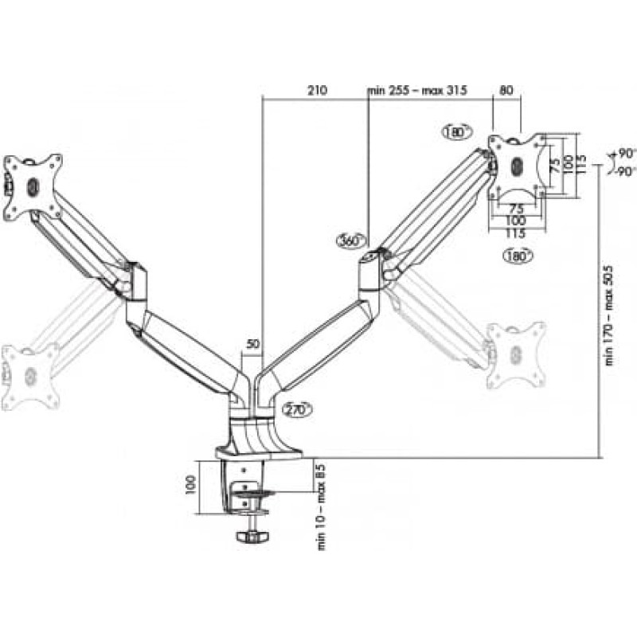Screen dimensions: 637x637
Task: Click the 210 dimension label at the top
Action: pyautogui.click(x=317, y=90)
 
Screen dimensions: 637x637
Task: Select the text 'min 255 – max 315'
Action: pyautogui.click(x=417, y=90)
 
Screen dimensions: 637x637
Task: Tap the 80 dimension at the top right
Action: pyautogui.click(x=506, y=90)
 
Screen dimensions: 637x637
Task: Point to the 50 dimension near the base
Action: pyautogui.click(x=252, y=344)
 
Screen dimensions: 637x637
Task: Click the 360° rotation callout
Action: pyautogui.click(x=351, y=241)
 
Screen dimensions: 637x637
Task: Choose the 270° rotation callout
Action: pyautogui.click(x=297, y=409)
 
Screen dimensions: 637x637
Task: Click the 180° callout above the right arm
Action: pyautogui.click(x=457, y=132)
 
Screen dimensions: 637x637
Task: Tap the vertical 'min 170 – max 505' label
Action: pyautogui.click(x=609, y=315)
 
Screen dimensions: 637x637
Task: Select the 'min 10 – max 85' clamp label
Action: pyautogui.click(x=322, y=507)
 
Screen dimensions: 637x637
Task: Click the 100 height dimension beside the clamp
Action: pyautogui.click(x=190, y=485)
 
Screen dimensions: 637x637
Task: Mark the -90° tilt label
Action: pyautogui.click(x=625, y=172)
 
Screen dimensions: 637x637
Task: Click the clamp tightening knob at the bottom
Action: pyautogui.click(x=252, y=537)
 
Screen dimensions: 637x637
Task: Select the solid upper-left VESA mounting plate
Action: pyautogui.click(x=33, y=187)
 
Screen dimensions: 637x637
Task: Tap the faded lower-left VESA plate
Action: pyautogui.click(x=30, y=376)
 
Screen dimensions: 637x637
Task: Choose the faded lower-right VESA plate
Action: pyautogui.click(x=516, y=354)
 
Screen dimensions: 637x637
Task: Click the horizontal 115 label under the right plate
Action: pyautogui.click(x=516, y=233)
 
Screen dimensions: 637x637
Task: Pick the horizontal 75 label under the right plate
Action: pyautogui.click(x=516, y=209)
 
